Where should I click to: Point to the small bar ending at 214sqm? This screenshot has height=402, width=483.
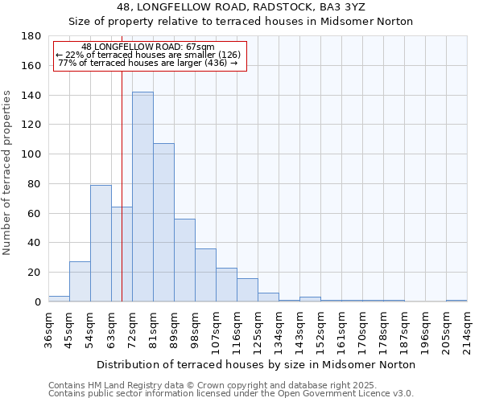tap(456, 301)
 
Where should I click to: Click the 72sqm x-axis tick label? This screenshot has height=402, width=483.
tap(133, 326)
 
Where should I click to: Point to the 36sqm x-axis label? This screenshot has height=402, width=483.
tap(49, 326)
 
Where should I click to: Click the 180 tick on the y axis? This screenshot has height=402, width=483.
tap(31, 36)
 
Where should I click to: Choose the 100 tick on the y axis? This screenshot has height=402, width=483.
tap(31, 154)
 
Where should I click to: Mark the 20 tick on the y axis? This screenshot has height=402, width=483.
tap(35, 273)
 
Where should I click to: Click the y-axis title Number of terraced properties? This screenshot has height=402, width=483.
tap(7, 173)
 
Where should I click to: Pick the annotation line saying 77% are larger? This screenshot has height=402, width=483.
tap(148, 63)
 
